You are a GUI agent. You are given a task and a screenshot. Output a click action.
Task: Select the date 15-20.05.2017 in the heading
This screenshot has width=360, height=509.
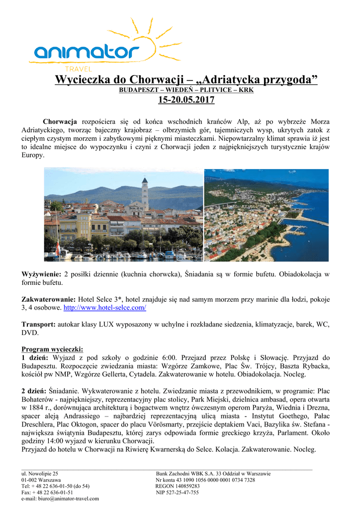click(x=186, y=100)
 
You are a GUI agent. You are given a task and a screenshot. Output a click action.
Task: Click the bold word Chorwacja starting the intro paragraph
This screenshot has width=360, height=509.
click(x=60, y=122)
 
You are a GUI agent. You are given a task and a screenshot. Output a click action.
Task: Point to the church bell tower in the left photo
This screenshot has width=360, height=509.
click(x=145, y=194)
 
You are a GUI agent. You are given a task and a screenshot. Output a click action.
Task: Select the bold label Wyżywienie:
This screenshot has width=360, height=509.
click(x=41, y=274)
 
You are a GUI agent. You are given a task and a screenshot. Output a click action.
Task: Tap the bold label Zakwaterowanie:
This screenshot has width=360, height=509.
click(x=49, y=300)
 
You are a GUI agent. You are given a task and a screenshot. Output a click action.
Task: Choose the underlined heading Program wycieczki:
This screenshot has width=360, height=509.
click(x=52, y=349)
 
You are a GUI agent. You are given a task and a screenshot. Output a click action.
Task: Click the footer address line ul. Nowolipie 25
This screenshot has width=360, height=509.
click(x=39, y=474)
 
